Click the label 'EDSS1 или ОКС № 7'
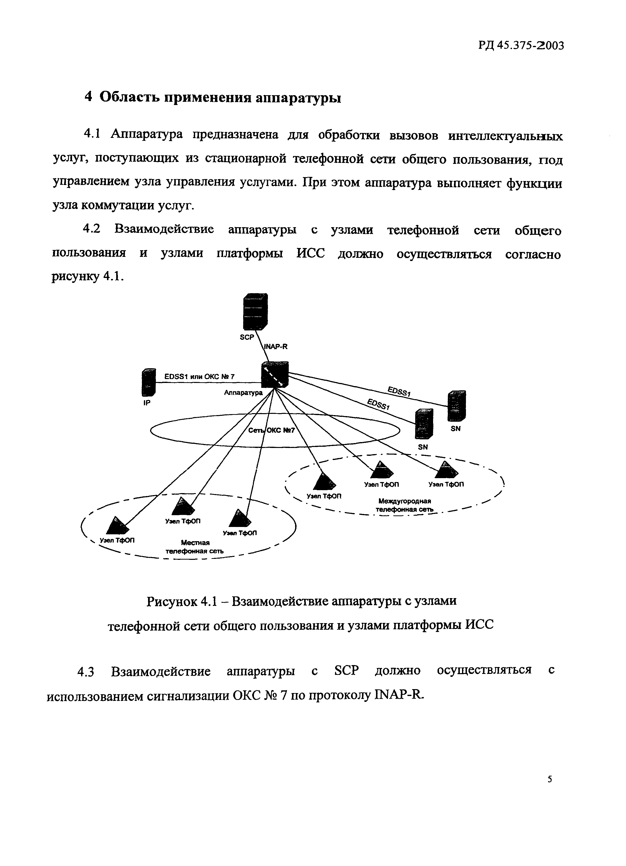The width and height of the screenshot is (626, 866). (x=199, y=377)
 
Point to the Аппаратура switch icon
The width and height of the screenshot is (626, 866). (x=275, y=374)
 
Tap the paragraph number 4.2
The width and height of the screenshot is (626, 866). (x=92, y=229)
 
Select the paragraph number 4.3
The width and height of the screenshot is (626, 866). (x=86, y=671)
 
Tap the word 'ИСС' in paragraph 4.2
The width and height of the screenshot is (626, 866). (x=311, y=253)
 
